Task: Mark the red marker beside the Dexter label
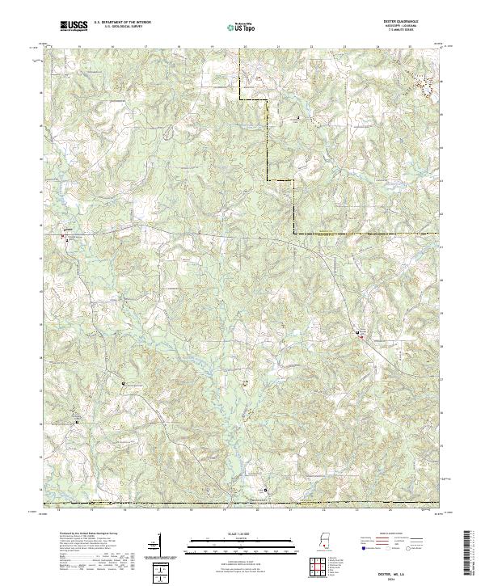coord(361,336)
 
